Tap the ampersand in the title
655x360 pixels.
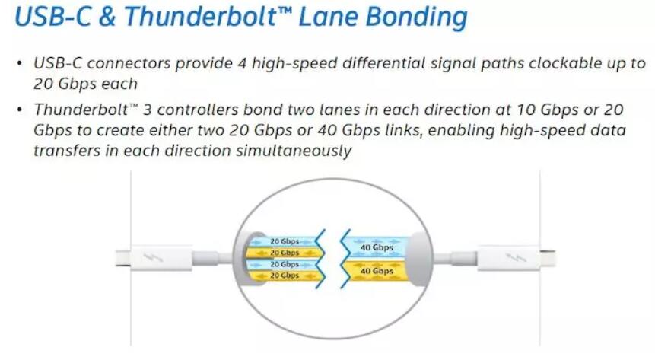(x=107, y=17)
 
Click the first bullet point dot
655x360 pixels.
(x=19, y=64)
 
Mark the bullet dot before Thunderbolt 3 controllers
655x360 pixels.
(x=19, y=110)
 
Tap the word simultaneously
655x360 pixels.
(x=294, y=151)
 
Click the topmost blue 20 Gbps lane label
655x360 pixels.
(x=285, y=241)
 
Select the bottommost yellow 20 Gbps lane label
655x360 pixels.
(x=285, y=275)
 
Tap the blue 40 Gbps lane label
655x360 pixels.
(x=377, y=247)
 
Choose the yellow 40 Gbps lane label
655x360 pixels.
(x=377, y=271)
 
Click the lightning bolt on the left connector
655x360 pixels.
(x=153, y=256)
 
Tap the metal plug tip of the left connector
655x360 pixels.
(x=122, y=258)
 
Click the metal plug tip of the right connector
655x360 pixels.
(x=547, y=258)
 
